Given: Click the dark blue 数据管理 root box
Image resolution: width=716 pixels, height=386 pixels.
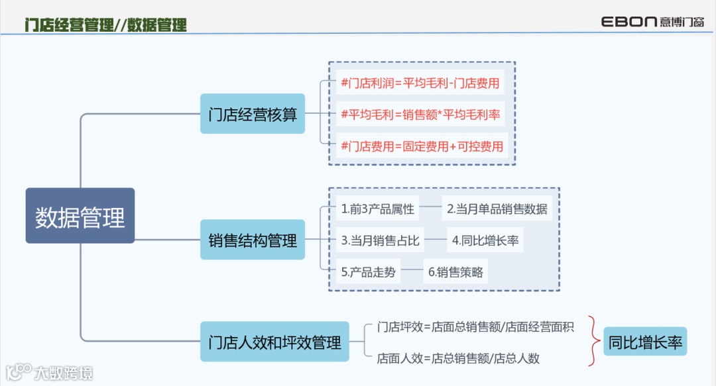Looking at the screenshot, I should coord(80,216).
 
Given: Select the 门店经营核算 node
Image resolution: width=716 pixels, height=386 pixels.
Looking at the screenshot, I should coord(253,113).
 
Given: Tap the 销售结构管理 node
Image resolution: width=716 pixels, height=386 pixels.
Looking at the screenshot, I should coord(253,240).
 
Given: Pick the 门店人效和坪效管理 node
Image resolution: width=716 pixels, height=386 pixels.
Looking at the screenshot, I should coord(274,342).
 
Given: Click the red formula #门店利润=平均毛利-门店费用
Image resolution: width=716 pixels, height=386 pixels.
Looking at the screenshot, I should coord(420,84).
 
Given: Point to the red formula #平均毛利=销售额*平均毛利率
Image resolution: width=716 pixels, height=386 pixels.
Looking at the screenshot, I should coord(420,115).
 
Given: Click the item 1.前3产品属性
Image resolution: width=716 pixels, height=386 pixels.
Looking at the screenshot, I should coord(378,209).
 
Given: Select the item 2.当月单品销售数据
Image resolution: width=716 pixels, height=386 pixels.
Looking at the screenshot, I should coord(497,209).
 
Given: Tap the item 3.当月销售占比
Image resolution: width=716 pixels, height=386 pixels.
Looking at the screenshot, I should coord(380,240).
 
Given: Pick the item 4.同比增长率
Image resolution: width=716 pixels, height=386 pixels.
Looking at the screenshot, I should coord(485,240).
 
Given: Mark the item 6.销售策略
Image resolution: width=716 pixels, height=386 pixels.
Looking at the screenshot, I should coord(455,271).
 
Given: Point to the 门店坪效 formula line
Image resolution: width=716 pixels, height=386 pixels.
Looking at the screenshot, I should coord(475,326).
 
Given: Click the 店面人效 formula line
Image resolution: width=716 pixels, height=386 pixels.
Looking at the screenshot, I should coord(458,358).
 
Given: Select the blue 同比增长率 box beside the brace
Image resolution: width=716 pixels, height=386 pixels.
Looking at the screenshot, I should coord(645,342).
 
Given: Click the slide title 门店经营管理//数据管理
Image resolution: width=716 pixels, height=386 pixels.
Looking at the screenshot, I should coord(105,25).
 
